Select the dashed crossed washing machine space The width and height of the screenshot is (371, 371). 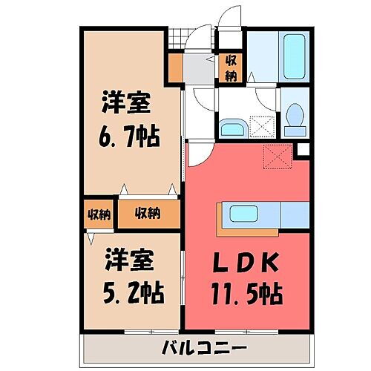261,126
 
